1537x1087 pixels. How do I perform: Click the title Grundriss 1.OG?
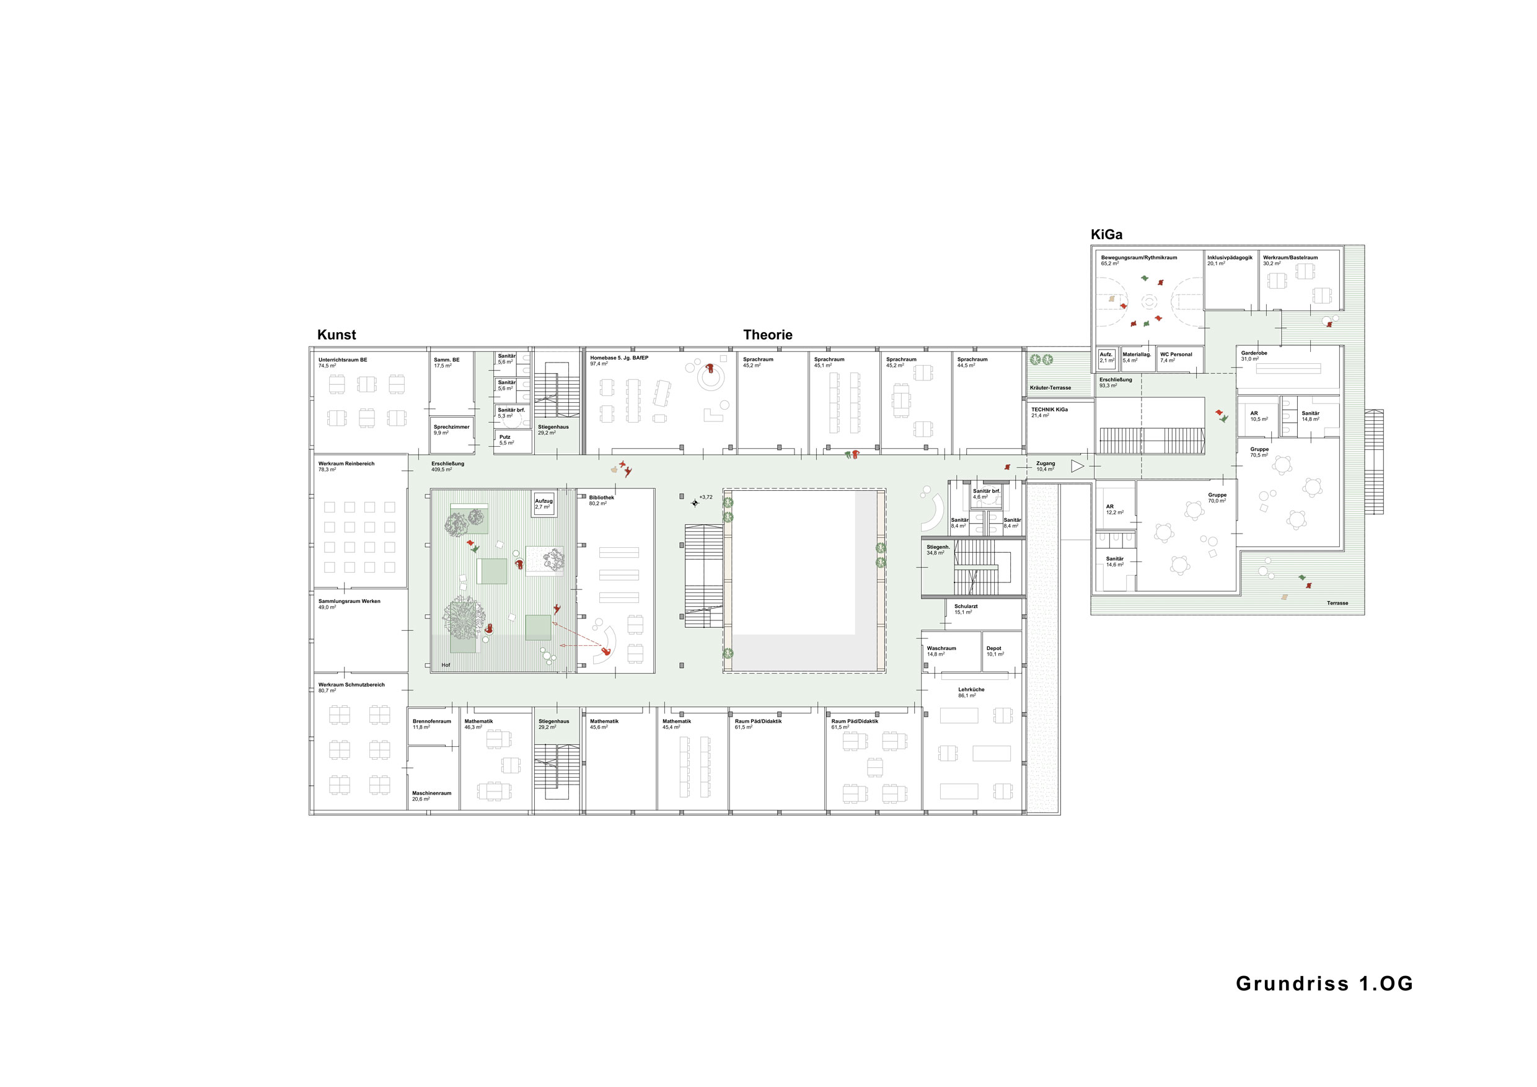pyautogui.click(x=1324, y=984)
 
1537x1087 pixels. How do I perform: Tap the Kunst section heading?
pyautogui.click(x=337, y=335)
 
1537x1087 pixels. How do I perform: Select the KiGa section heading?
pyautogui.click(x=1106, y=234)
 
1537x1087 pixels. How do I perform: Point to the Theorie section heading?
pyautogui.click(x=768, y=335)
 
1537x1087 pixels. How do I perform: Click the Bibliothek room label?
pyautogui.click(x=601, y=497)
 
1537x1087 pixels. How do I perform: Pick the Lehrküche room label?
pyautogui.click(x=971, y=689)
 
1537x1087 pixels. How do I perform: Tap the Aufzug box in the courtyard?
pyautogui.click(x=544, y=504)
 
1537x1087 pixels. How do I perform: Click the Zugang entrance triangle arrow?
pyautogui.click(x=1077, y=466)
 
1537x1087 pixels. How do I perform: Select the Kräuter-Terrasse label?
pyautogui.click(x=1050, y=387)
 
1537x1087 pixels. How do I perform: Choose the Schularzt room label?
pyautogui.click(x=966, y=607)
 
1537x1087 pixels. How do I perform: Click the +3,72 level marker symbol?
pyautogui.click(x=695, y=503)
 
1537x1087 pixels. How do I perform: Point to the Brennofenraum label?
pyautogui.click(x=432, y=721)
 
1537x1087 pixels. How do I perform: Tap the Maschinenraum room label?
pyautogui.click(x=432, y=793)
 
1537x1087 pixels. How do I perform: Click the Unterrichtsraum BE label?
pyautogui.click(x=343, y=360)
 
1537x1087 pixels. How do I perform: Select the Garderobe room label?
pyautogui.click(x=1254, y=353)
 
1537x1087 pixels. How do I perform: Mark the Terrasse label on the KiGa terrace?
pyautogui.click(x=1337, y=603)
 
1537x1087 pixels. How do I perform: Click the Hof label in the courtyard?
pyautogui.click(x=446, y=666)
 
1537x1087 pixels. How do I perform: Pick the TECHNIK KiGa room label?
pyautogui.click(x=1050, y=410)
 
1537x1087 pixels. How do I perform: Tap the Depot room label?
pyautogui.click(x=994, y=648)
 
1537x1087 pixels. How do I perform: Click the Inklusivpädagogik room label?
pyautogui.click(x=1230, y=258)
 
